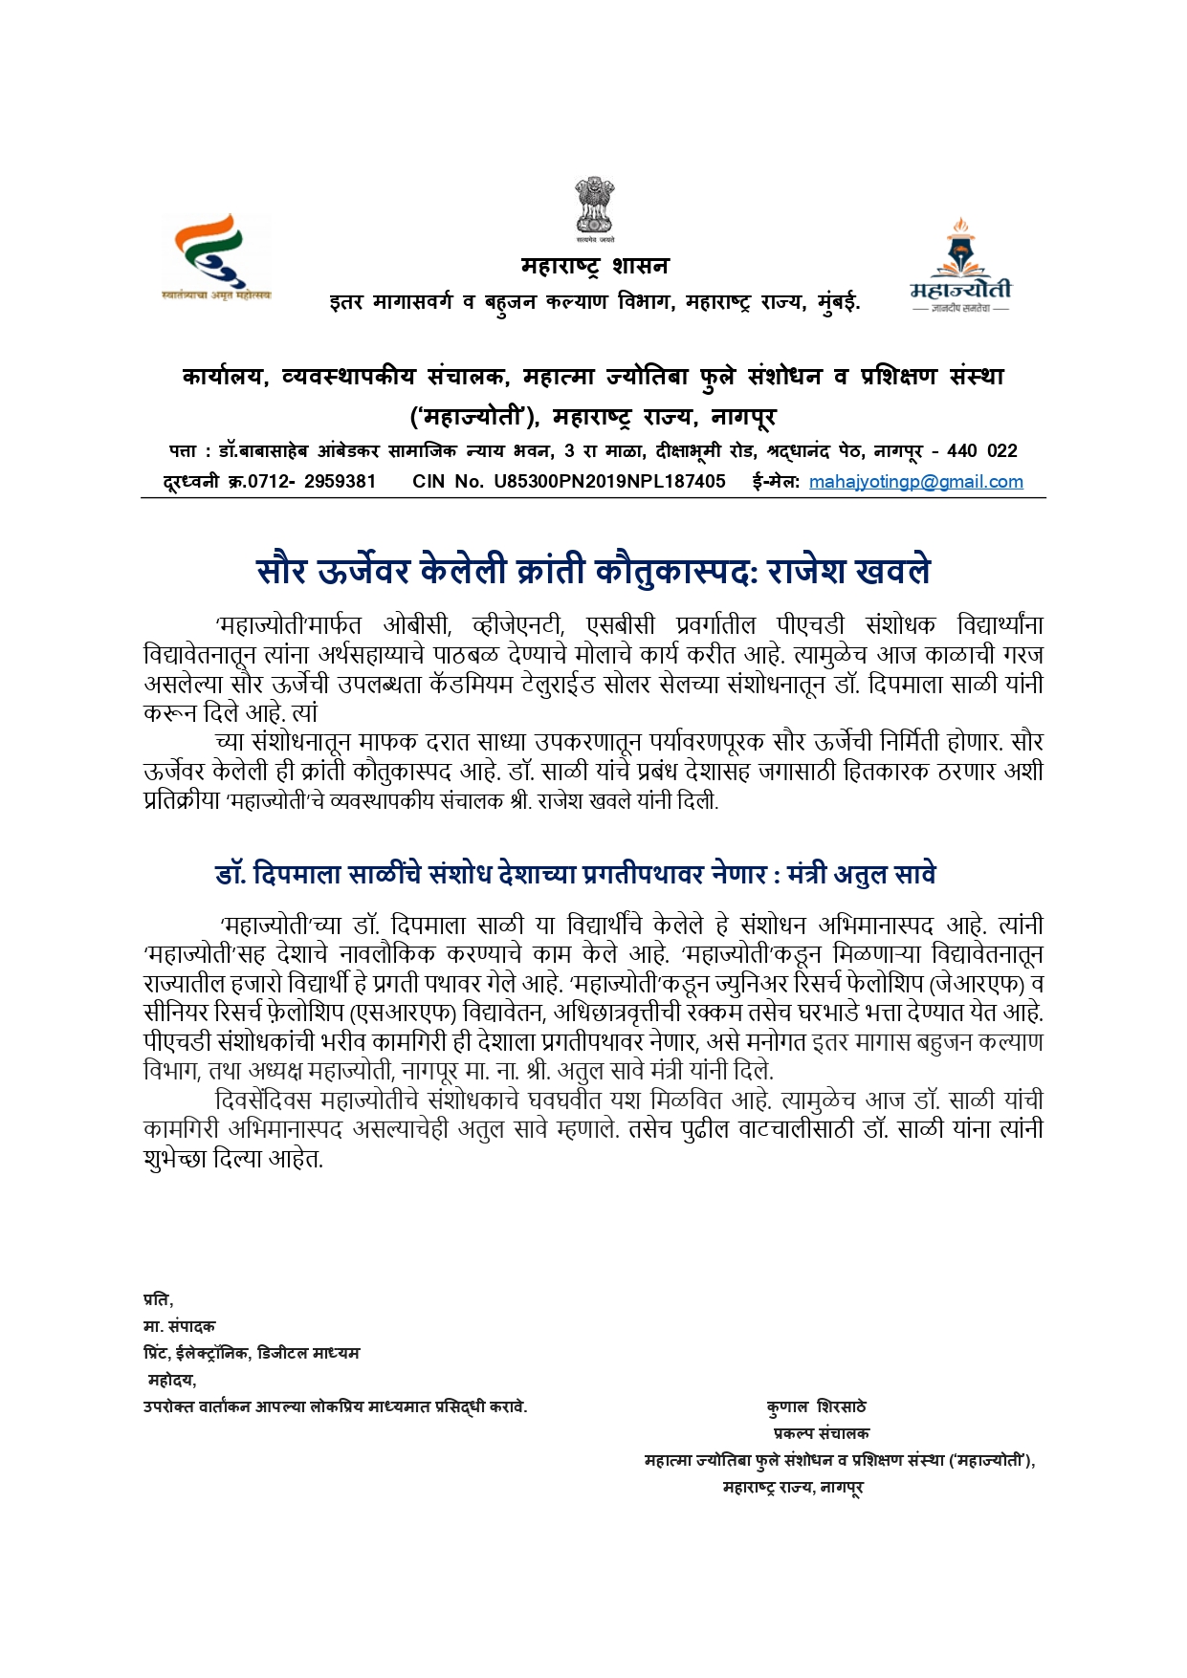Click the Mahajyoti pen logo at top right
tap(959, 265)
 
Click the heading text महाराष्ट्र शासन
tap(594, 266)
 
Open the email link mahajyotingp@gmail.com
tap(915, 482)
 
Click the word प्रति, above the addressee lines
tap(158, 1299)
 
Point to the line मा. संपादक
tap(179, 1326)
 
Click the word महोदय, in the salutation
tap(172, 1380)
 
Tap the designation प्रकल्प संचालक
tap(821, 1433)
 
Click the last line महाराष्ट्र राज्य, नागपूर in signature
tap(793, 1488)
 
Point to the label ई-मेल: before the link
tap(776, 482)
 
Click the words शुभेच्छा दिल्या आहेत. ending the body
tap(233, 1159)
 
